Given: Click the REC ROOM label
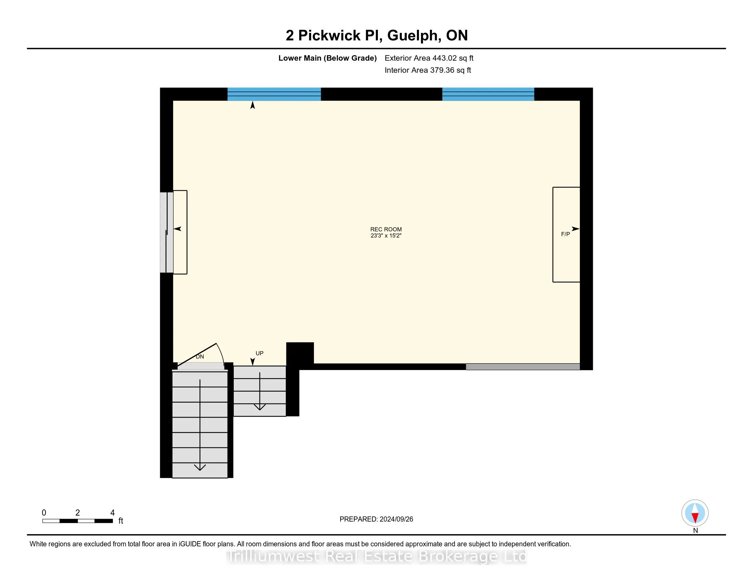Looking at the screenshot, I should (x=386, y=229).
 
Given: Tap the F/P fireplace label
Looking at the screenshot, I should (x=565, y=234).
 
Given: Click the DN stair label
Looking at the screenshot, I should (x=200, y=356).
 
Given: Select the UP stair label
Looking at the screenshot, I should (x=259, y=353).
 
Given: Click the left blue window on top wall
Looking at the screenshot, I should (x=274, y=94).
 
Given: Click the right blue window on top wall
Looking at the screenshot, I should (x=488, y=94).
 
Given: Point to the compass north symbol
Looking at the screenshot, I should (x=695, y=513).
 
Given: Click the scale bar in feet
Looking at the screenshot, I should (x=78, y=521).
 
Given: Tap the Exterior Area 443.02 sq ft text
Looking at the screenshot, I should (x=429, y=58).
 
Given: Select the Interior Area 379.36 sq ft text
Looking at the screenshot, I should (x=427, y=70).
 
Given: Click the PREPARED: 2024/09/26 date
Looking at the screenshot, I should (x=376, y=519).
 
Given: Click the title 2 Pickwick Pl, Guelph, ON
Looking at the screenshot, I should (x=376, y=36).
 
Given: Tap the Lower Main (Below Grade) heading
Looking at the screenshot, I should (x=327, y=58).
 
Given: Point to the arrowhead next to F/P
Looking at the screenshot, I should (x=575, y=229).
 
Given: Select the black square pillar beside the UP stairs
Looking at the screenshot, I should (x=299, y=353).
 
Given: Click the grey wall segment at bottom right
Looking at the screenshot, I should (x=522, y=367).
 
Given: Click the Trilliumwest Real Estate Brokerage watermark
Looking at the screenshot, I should (x=376, y=556).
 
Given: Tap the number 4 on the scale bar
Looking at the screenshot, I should (x=112, y=513).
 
